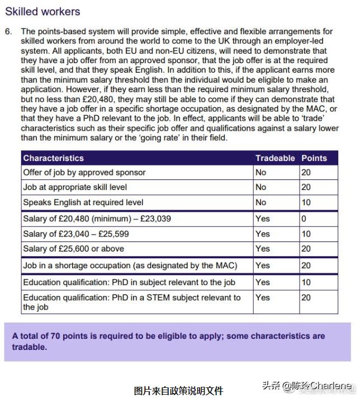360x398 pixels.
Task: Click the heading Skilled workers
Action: click(x=42, y=11)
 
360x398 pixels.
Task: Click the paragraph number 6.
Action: click(x=8, y=32)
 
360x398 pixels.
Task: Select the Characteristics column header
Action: click(x=53, y=158)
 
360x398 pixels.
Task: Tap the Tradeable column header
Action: click(x=275, y=158)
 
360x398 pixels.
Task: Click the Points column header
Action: click(x=314, y=158)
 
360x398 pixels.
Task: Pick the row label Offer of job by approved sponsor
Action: click(x=84, y=173)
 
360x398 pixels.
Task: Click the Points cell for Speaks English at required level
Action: click(x=306, y=202)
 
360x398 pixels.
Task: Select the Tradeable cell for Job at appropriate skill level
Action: click(x=261, y=187)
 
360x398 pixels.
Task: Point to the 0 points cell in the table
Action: click(x=304, y=219)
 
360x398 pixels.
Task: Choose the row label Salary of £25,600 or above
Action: click(x=73, y=249)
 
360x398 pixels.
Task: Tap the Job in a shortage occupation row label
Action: click(x=130, y=266)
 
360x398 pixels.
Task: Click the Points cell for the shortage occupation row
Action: click(x=306, y=266)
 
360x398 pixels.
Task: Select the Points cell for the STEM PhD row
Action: click(x=306, y=297)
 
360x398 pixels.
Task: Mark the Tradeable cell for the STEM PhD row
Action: click(x=263, y=297)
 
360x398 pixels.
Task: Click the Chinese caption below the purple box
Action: click(x=179, y=390)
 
